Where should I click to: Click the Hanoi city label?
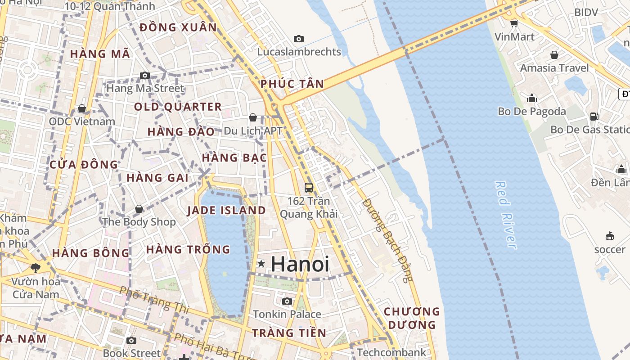(x=300, y=264)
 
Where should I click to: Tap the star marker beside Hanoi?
(x=261, y=264)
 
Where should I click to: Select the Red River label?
(x=506, y=215)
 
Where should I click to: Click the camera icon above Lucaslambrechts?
(x=299, y=39)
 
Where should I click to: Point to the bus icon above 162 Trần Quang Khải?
(x=309, y=187)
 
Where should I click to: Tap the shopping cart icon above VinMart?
(x=514, y=23)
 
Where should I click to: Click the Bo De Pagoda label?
(x=531, y=111)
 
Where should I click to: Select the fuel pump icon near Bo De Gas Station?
(x=594, y=116)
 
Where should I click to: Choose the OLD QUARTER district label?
(x=178, y=107)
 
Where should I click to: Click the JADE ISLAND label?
(x=226, y=210)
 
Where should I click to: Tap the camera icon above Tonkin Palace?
(x=287, y=301)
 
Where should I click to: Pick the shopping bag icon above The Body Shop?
(x=139, y=209)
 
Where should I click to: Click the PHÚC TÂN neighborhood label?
(x=292, y=84)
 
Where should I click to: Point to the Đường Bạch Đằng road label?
(x=387, y=240)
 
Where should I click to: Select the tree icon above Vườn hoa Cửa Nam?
(x=36, y=268)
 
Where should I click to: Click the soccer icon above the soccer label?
(x=610, y=236)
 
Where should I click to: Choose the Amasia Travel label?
(x=554, y=68)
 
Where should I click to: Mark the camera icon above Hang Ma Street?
(x=145, y=75)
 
